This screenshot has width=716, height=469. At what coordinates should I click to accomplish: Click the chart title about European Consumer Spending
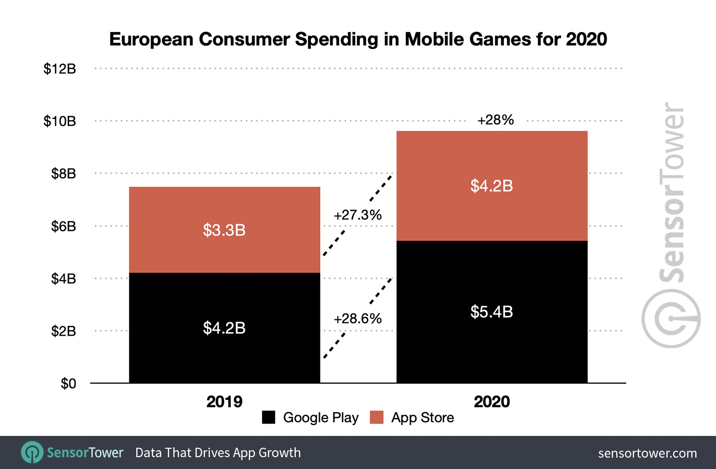pos(358,39)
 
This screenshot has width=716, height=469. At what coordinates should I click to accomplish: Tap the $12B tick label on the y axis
pos(60,69)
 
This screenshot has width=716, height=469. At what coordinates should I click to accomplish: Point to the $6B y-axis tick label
pos(63,226)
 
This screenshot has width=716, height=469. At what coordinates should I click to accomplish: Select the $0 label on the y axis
pos(68,384)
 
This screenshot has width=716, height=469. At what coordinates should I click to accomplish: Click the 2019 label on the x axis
pos(224,401)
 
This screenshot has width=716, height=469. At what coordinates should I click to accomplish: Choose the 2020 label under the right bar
pos(492,401)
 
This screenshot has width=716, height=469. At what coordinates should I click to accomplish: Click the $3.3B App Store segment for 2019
pos(224,230)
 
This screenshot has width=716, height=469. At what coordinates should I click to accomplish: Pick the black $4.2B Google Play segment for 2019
pos(224,328)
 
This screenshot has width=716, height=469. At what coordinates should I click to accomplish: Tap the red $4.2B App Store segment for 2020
pos(492,186)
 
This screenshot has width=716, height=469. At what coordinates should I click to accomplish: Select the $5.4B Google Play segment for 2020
pos(492,312)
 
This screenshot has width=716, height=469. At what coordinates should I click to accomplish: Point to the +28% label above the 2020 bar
pos(495,120)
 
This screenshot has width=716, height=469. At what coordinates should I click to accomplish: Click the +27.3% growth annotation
pos(358,215)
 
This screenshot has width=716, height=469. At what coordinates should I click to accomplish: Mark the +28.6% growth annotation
pos(358,318)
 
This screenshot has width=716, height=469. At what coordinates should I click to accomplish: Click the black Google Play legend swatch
pos(268,417)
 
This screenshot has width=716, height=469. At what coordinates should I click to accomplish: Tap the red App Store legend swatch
pos(376,417)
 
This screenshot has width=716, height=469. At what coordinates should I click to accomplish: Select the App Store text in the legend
pos(422,418)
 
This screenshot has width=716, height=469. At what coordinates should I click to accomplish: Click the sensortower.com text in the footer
pos(647,453)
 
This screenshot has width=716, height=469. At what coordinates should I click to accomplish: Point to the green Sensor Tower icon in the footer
pos(32,452)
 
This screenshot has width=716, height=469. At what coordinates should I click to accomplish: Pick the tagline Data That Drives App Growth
pos(218,453)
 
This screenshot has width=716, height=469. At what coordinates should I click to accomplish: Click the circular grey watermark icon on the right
pos(671,318)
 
